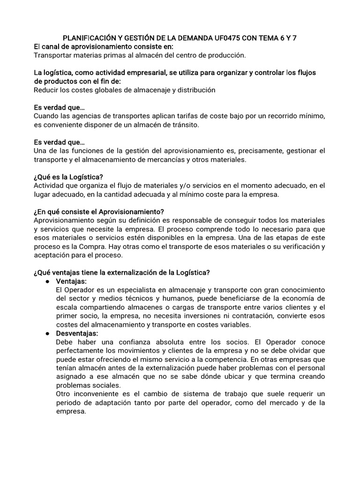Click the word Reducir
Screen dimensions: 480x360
click(x=47, y=90)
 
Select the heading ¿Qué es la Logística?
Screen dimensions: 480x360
click(x=68, y=177)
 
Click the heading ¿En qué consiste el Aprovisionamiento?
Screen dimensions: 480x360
click(x=99, y=211)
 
